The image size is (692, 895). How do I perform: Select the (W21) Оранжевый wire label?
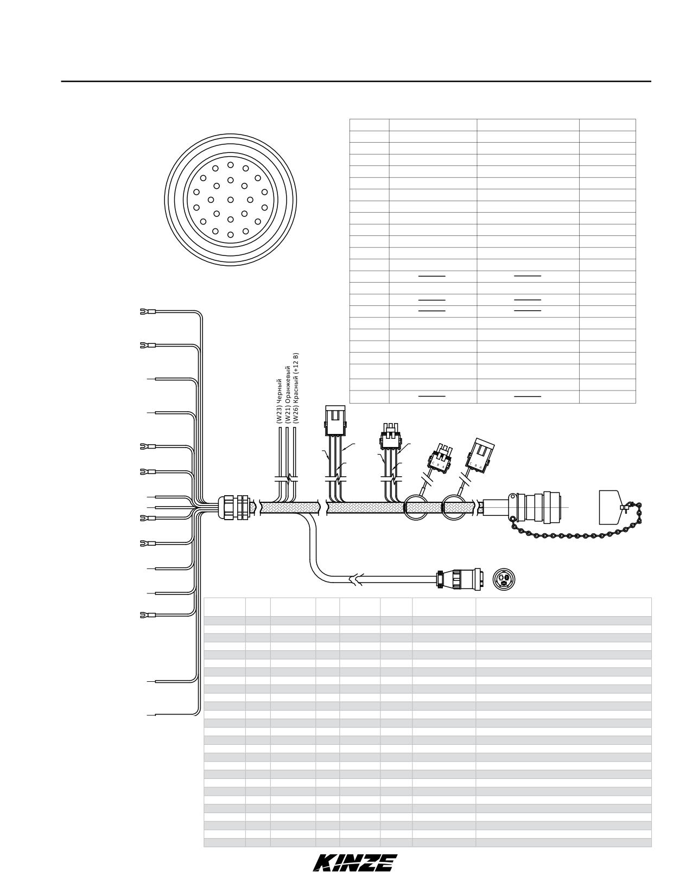(288, 394)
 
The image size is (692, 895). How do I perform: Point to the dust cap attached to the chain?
(611, 507)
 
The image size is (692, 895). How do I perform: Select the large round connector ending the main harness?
(534, 507)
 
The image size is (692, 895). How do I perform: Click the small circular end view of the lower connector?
(504, 579)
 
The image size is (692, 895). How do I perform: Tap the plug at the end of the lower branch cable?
(458, 579)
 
